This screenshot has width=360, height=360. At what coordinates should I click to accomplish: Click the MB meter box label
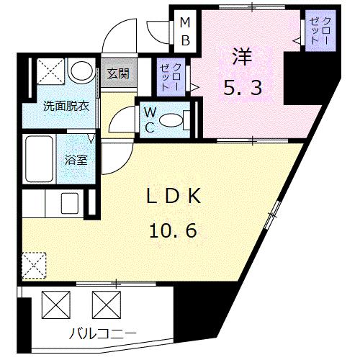[185, 30]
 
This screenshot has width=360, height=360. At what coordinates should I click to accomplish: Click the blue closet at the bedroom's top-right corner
[315, 31]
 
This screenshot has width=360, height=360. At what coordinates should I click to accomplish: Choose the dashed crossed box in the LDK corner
[34, 264]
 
